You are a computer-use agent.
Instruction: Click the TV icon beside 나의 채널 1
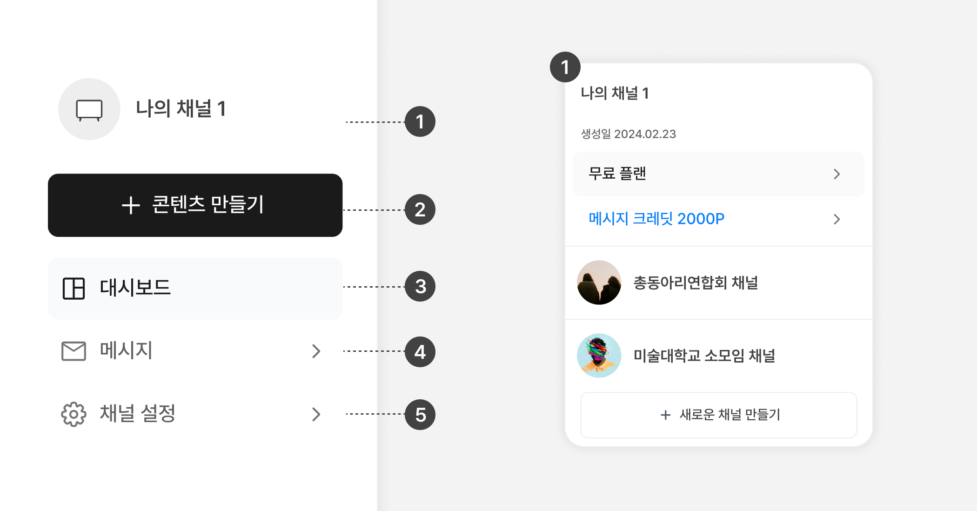[89, 110]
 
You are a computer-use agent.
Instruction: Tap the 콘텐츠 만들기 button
[195, 205]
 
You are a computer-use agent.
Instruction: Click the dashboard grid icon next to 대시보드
[74, 288]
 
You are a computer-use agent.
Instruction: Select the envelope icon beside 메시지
[74, 351]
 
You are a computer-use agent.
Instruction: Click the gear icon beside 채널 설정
[74, 414]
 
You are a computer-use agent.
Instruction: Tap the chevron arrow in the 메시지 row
[316, 351]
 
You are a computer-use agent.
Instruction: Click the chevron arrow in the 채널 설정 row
[316, 414]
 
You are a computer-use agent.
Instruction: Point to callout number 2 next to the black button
[420, 209]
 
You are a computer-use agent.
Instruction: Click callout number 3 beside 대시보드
[420, 286]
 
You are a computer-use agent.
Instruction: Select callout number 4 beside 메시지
[420, 352]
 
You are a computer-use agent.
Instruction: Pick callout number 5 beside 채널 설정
[420, 414]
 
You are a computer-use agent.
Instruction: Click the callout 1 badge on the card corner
[565, 67]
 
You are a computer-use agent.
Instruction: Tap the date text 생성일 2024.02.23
[628, 134]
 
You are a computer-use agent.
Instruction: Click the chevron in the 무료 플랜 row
[837, 174]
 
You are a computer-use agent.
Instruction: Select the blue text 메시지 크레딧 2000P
[656, 219]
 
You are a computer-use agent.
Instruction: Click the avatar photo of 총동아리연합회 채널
[599, 282]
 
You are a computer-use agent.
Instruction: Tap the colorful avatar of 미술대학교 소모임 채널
[599, 356]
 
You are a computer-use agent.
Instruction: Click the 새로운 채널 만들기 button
[719, 415]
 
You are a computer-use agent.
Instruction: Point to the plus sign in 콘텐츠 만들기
[131, 205]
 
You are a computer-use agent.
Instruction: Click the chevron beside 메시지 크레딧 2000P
[837, 219]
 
